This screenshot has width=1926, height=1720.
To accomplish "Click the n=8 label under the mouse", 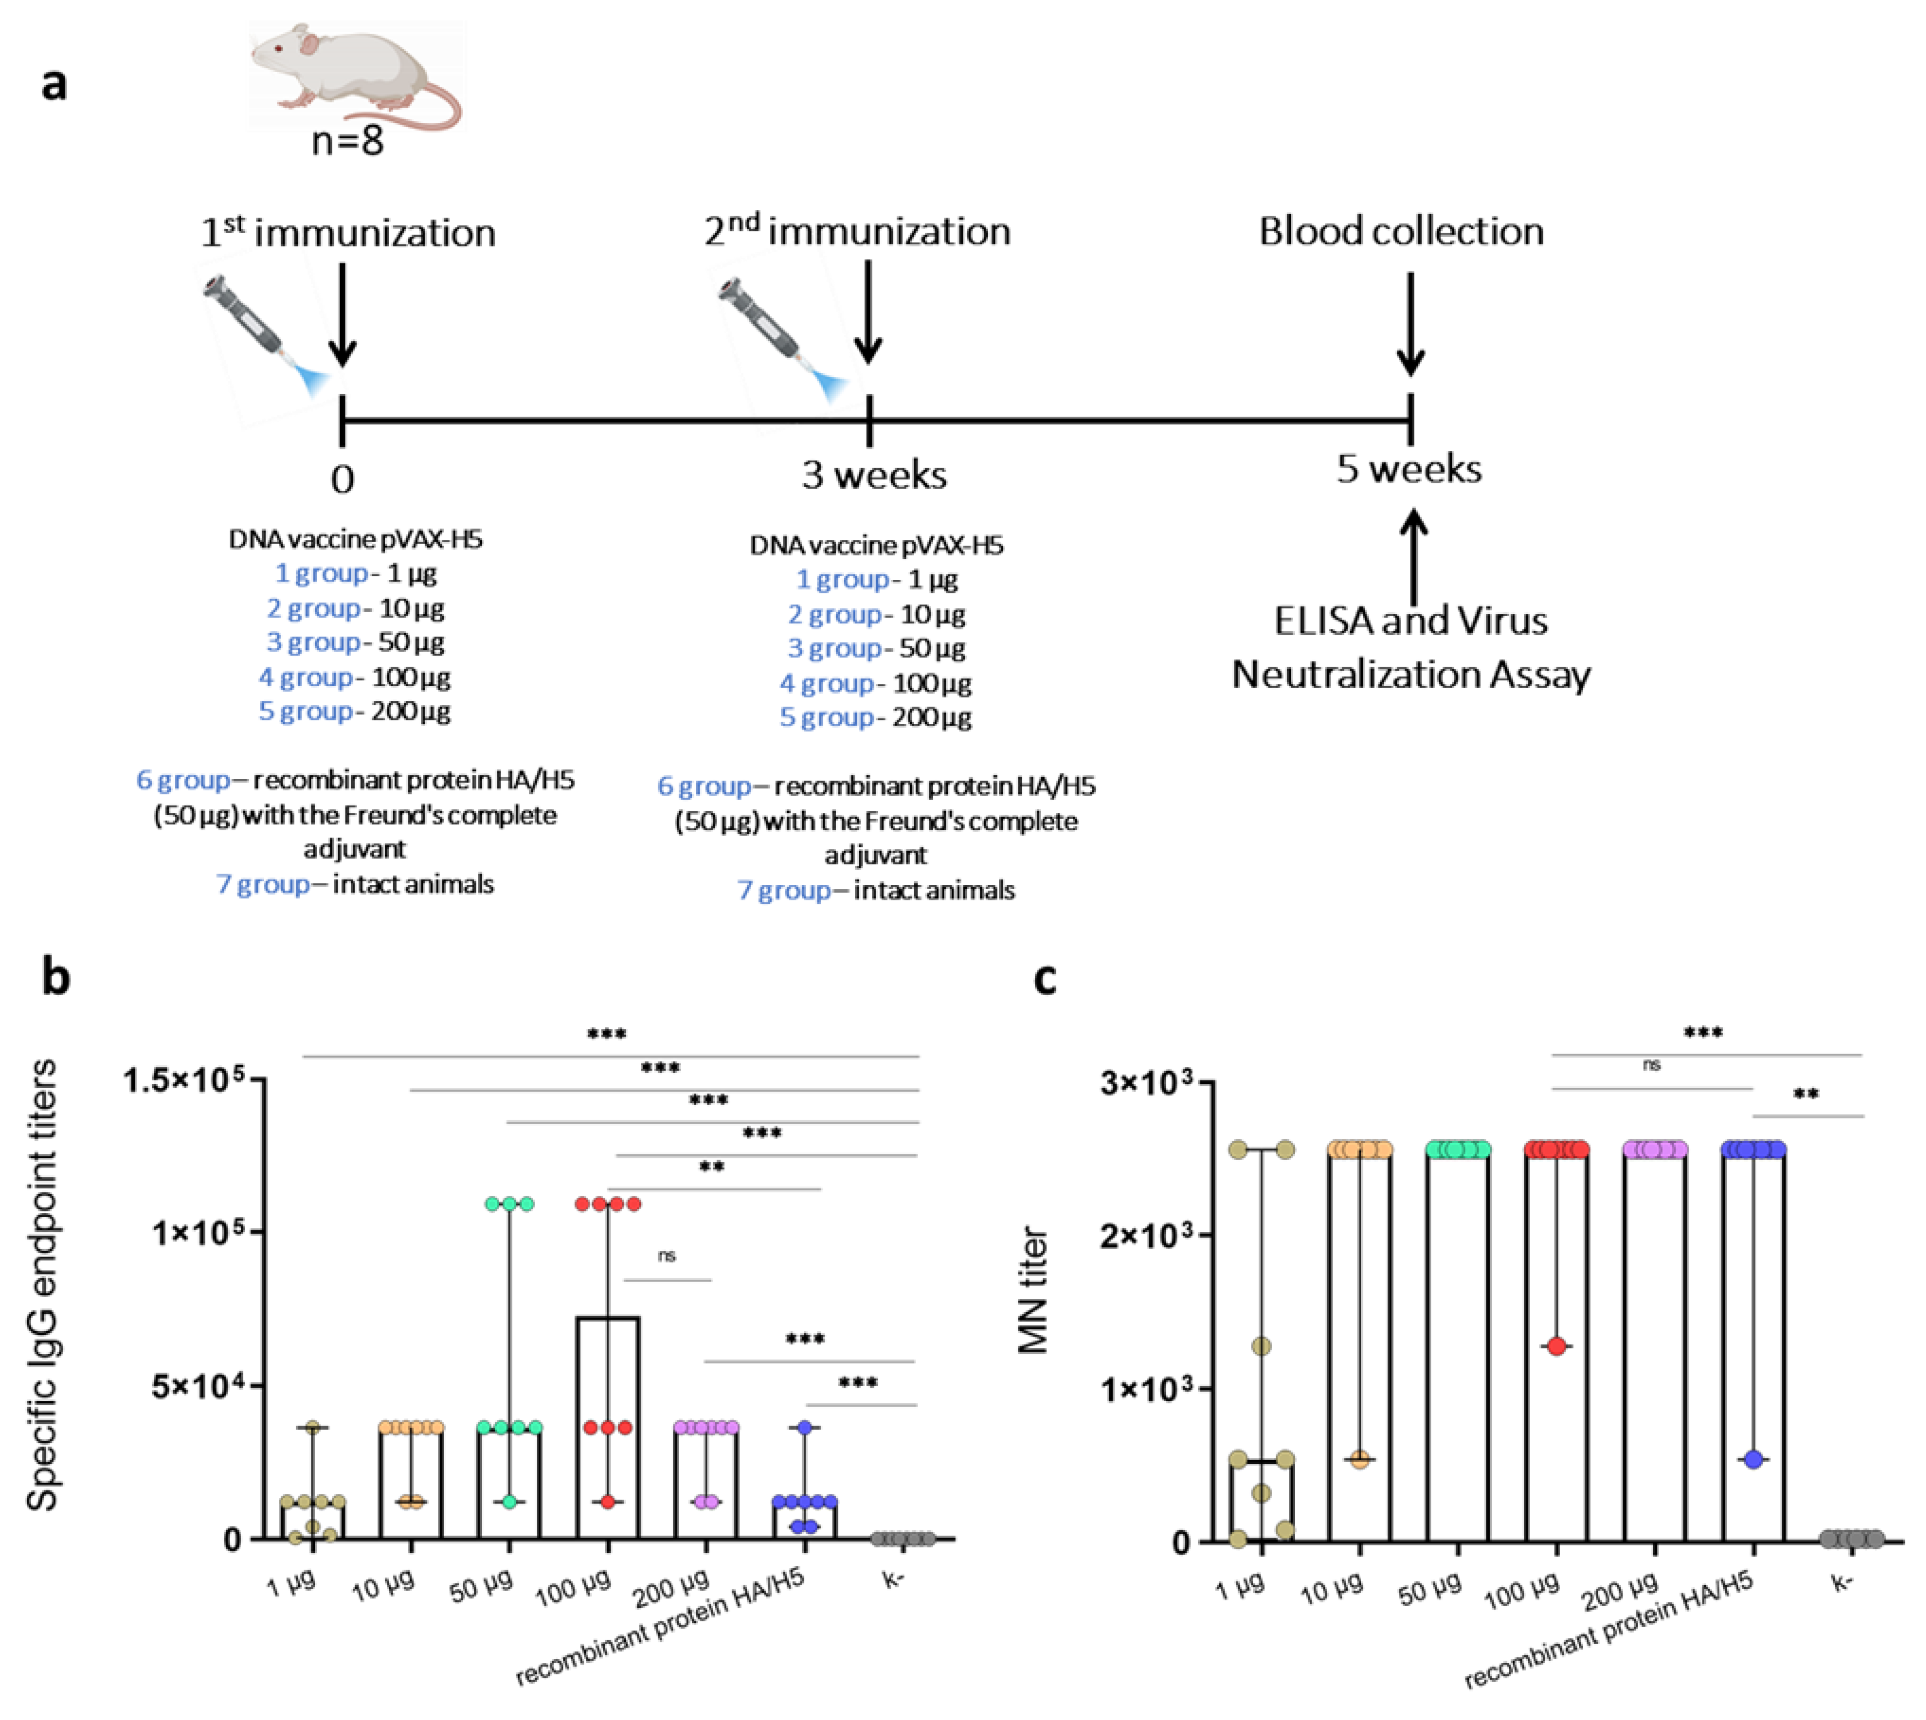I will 348,142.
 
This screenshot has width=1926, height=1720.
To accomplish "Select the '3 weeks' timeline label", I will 874,475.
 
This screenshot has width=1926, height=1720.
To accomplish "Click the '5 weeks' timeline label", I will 1409,469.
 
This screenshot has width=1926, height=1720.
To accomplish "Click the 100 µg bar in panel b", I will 607,1427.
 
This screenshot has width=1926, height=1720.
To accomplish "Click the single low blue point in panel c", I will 1754,1460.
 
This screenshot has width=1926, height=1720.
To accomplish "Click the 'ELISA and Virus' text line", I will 1410,621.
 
